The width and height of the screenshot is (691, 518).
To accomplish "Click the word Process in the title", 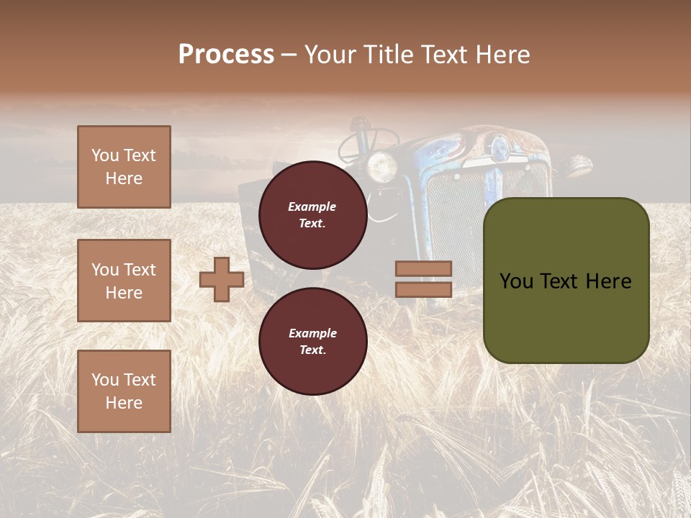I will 226,55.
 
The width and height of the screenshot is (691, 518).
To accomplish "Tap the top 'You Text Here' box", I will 124,167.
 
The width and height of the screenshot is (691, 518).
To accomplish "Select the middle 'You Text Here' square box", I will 124,281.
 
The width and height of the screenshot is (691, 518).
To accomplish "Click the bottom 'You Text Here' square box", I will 124,391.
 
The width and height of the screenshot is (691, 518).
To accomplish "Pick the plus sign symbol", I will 222,279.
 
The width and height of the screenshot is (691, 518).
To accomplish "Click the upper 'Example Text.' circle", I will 312,215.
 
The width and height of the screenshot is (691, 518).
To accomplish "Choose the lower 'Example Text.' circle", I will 312,342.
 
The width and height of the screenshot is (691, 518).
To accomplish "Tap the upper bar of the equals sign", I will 423,269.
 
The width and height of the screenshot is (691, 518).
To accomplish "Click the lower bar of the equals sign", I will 423,289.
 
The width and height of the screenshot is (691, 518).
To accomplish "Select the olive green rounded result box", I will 566,281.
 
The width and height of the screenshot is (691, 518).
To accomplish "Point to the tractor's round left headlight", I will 381,166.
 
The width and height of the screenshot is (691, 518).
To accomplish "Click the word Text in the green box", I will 566,281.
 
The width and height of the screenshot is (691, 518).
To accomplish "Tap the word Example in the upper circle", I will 312,206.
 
